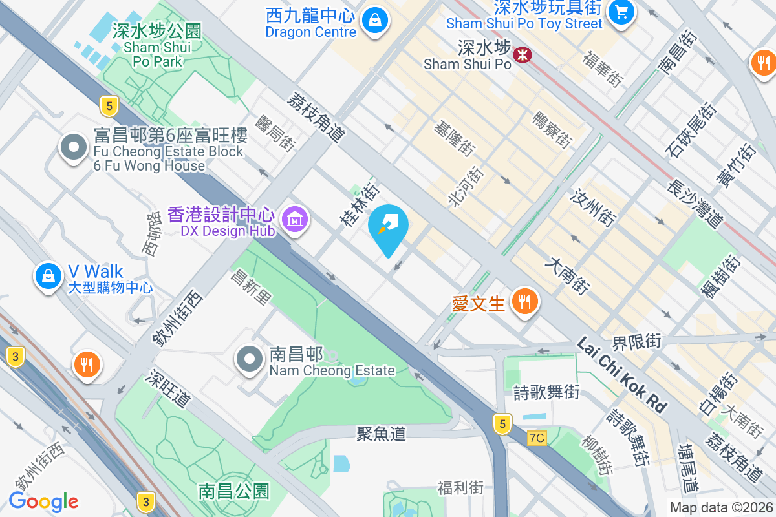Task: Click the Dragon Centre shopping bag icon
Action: (374, 19)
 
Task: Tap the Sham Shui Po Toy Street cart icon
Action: (622, 12)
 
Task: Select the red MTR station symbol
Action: (522, 56)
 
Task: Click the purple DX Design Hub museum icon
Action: (295, 220)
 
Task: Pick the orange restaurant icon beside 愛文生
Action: (524, 301)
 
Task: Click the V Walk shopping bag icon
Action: (48, 276)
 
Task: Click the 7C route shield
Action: (536, 438)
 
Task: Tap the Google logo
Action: (44, 501)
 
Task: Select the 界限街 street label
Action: (637, 341)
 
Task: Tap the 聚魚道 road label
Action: (381, 433)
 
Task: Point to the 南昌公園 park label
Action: (233, 491)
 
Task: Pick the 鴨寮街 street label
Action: (552, 129)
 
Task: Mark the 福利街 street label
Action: (460, 487)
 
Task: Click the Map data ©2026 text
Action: (721, 507)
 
